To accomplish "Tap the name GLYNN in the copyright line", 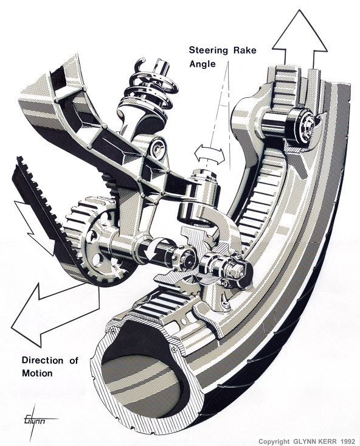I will coord(294,441).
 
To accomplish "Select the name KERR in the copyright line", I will coord(322,441).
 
